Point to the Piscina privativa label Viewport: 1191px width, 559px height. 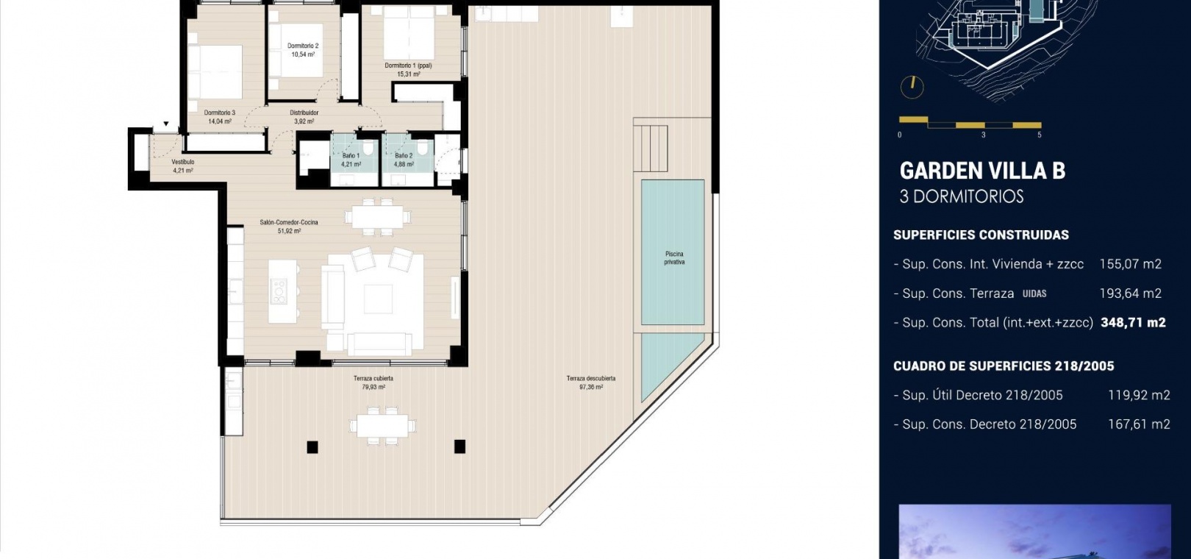pos(674,258)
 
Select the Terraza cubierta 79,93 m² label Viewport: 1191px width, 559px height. pos(373,382)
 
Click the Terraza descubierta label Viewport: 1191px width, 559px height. pos(590,379)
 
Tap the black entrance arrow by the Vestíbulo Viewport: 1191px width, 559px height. pos(166,124)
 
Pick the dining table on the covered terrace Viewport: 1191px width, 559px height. pos(382,426)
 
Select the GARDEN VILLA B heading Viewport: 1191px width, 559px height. pos(982,171)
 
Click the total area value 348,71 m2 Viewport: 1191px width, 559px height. pos(1133,322)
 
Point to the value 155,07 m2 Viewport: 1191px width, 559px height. pos(1131,264)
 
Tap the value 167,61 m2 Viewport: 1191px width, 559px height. pos(1139,424)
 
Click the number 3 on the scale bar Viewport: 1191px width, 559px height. pos(984,135)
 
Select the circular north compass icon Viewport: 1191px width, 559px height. pos(912,88)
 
